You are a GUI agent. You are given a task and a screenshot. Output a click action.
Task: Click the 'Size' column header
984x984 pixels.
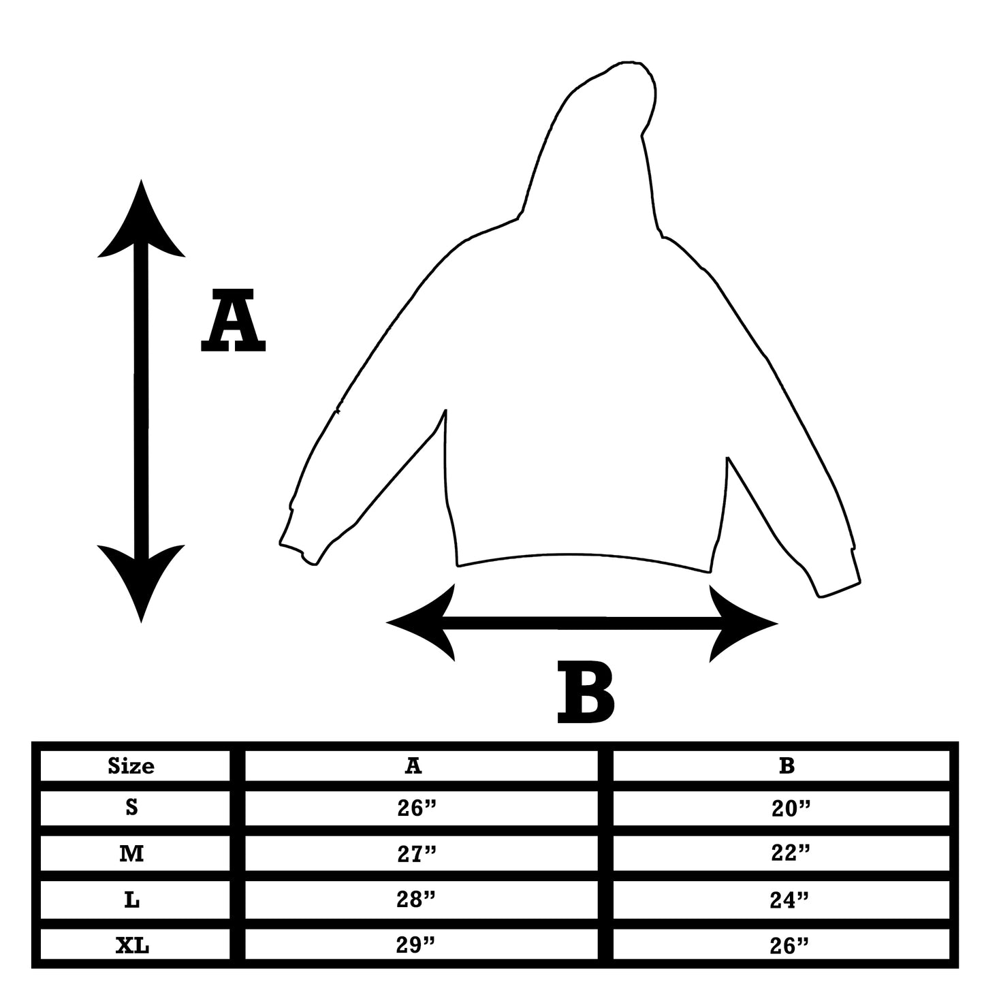tap(131, 766)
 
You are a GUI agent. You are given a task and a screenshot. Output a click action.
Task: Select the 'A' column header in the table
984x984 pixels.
tap(413, 766)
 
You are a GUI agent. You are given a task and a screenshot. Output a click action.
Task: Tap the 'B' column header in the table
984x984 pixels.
tap(787, 766)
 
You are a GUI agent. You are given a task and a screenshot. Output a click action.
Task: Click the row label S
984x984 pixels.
tap(131, 808)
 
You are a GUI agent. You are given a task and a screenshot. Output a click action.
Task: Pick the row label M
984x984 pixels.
tap(131, 853)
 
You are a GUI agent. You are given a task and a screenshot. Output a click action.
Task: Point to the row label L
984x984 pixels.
tap(131, 900)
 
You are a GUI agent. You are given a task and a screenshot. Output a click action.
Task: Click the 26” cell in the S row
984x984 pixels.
tap(416, 808)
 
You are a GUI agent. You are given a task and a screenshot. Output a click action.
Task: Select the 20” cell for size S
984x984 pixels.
tap(790, 808)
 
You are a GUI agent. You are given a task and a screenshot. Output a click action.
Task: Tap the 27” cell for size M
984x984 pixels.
tap(416, 853)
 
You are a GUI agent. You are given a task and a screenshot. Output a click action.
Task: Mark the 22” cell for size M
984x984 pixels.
tap(790, 853)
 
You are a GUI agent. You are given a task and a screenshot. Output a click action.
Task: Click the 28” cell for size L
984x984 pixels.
tap(416, 900)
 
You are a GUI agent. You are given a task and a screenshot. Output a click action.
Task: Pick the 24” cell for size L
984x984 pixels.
tap(790, 900)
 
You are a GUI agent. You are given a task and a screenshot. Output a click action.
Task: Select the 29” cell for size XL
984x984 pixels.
tap(416, 946)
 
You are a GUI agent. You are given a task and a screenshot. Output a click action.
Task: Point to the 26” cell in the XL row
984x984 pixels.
tap(790, 946)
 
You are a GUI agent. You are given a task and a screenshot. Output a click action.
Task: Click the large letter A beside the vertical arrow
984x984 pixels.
tap(233, 320)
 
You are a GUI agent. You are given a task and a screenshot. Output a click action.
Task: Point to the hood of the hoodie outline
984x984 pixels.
tap(599, 150)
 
